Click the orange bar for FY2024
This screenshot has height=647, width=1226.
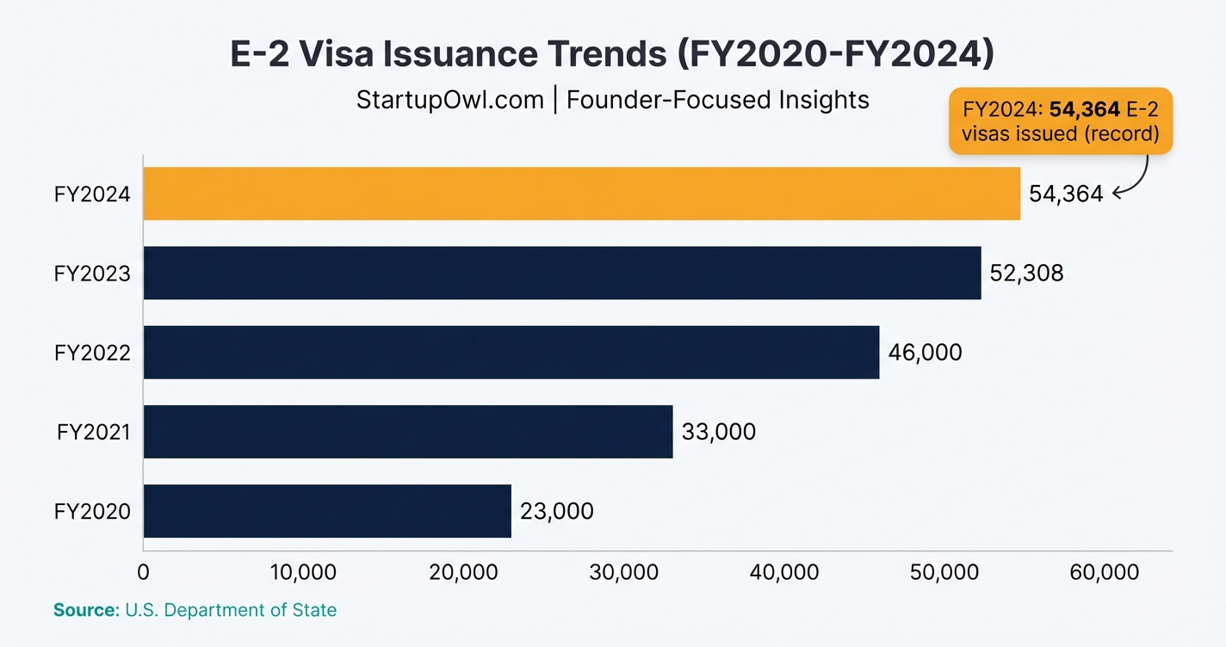click(581, 194)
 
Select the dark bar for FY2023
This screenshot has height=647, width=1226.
click(561, 273)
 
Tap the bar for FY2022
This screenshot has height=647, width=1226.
click(511, 352)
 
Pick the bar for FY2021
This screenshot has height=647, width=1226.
click(407, 431)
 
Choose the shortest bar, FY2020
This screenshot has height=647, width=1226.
click(327, 511)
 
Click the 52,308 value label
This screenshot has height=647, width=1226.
click(1027, 274)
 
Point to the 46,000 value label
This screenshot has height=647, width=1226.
click(926, 352)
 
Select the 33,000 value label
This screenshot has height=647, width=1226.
click(719, 431)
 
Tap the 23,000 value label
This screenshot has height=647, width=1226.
click(557, 511)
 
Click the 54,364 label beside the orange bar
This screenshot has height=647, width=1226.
click(1066, 194)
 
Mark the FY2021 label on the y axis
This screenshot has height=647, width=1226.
click(94, 432)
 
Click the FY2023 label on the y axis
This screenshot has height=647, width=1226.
click(92, 274)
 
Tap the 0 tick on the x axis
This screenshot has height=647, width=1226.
click(144, 573)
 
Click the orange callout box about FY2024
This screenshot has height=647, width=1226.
click(1060, 121)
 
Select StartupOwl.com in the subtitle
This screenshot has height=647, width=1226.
click(450, 100)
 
